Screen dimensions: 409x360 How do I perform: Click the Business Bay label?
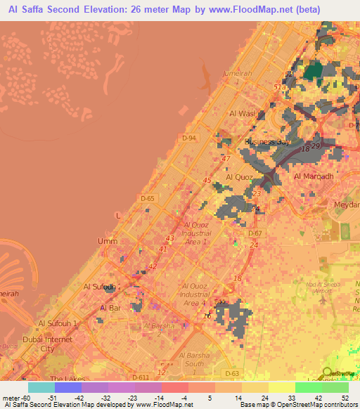(267, 142)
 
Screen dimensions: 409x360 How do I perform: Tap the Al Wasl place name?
(240, 113)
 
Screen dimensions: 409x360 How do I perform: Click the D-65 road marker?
(147, 199)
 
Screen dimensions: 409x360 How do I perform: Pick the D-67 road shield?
(255, 233)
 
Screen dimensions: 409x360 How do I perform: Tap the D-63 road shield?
(232, 372)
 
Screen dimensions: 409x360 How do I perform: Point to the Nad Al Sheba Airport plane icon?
(322, 300)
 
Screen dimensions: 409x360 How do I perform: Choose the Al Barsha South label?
(193, 359)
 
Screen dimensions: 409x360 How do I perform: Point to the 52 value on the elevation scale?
(345, 398)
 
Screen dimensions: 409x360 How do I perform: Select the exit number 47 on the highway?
(226, 160)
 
